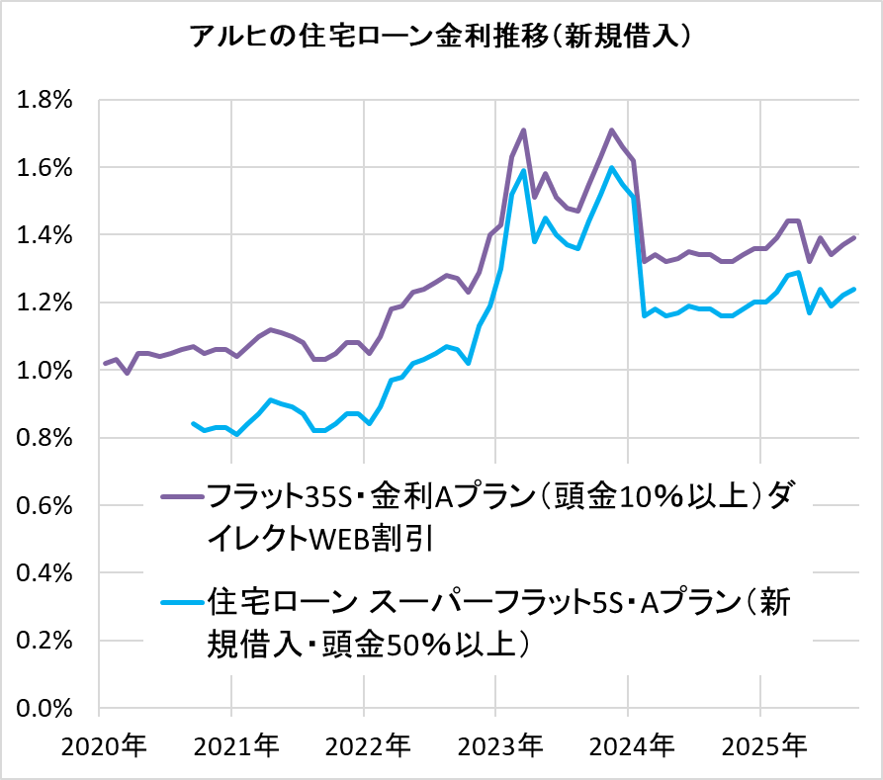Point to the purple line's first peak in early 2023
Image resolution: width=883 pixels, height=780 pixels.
[x=523, y=130]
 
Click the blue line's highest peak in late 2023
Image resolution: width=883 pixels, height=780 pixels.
[x=612, y=167]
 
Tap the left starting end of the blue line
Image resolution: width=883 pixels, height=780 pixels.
[x=193, y=423]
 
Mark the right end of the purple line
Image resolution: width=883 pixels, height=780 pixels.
[x=854, y=237]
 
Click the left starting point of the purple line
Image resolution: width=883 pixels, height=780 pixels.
[x=105, y=364]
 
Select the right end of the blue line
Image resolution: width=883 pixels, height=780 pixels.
[x=854, y=289]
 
